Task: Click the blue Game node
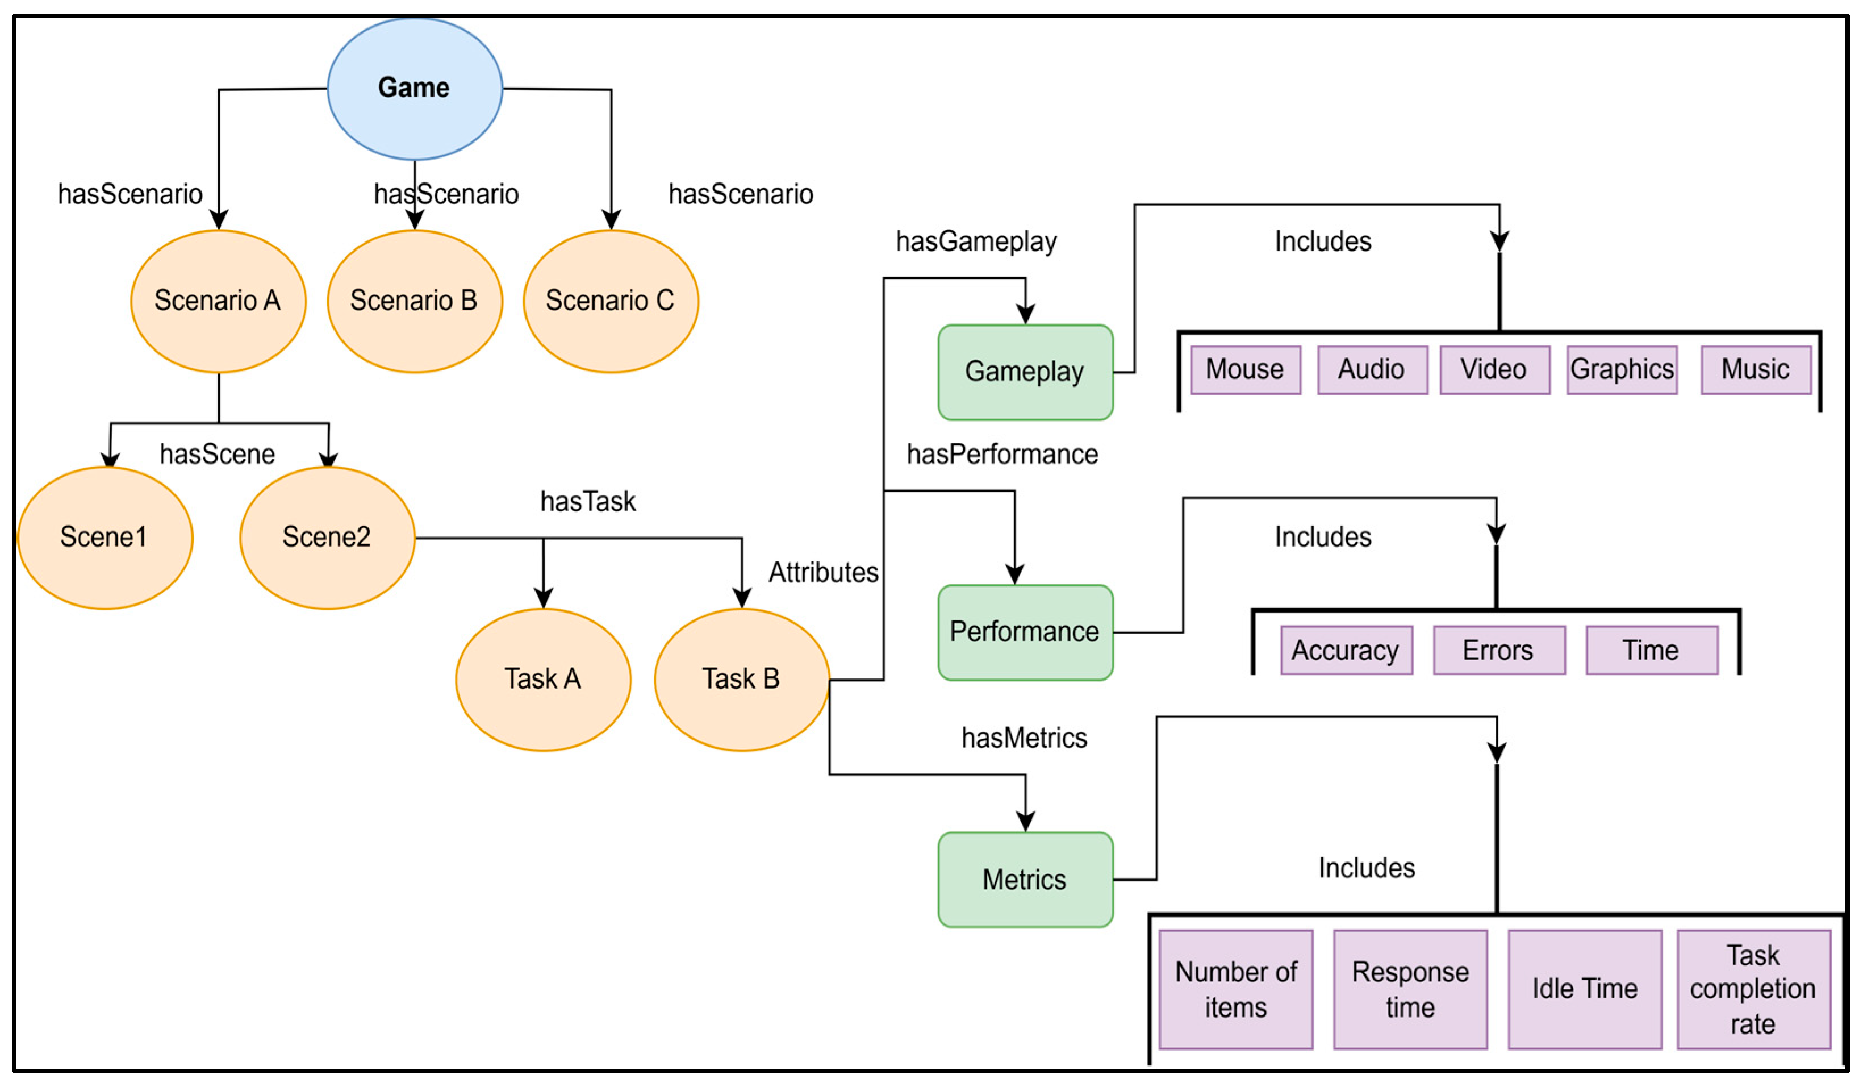pos(414,88)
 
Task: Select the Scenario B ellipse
pos(414,301)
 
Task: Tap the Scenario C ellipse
pos(611,301)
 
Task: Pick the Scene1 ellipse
pos(105,538)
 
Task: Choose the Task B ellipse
pos(741,680)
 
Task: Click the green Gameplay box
pos(1025,372)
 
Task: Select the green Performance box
pos(1025,632)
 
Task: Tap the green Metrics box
pos(1025,880)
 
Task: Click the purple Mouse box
pos(1245,370)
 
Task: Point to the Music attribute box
pos(1755,370)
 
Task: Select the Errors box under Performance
pos(1498,651)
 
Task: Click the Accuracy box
pos(1346,651)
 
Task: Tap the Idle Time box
pos(1584,989)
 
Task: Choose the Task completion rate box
pos(1753,989)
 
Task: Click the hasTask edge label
pos(588,502)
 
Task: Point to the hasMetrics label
pos(1024,738)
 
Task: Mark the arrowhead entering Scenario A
pos(218,220)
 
